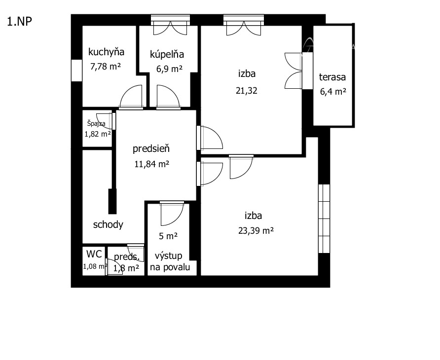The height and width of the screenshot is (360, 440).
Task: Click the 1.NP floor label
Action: click(19, 22)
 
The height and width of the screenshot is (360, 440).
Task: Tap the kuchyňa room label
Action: click(106, 52)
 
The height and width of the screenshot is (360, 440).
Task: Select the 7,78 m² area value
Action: click(106, 67)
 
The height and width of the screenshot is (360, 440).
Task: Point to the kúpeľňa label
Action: click(167, 54)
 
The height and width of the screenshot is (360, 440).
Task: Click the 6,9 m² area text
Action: click(169, 69)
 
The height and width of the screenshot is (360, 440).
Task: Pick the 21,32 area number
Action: click(246, 91)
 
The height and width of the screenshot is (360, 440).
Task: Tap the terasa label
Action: click(332, 77)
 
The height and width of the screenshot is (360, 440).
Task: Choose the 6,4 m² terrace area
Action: click(333, 91)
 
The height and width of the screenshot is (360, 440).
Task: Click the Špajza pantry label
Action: click(96, 123)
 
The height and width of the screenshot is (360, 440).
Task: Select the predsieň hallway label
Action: click(151, 148)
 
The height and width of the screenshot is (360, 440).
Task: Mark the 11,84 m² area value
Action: click(151, 164)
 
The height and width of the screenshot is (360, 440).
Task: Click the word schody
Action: click(108, 224)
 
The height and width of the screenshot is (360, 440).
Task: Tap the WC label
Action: click(94, 254)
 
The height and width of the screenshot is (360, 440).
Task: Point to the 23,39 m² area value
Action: click(256, 230)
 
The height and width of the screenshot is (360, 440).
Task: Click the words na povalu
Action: click(170, 267)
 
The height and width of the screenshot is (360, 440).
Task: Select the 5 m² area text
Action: click(168, 236)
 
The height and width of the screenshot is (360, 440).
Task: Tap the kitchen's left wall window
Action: click(76, 71)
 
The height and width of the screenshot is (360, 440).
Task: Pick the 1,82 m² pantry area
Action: click(98, 134)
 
